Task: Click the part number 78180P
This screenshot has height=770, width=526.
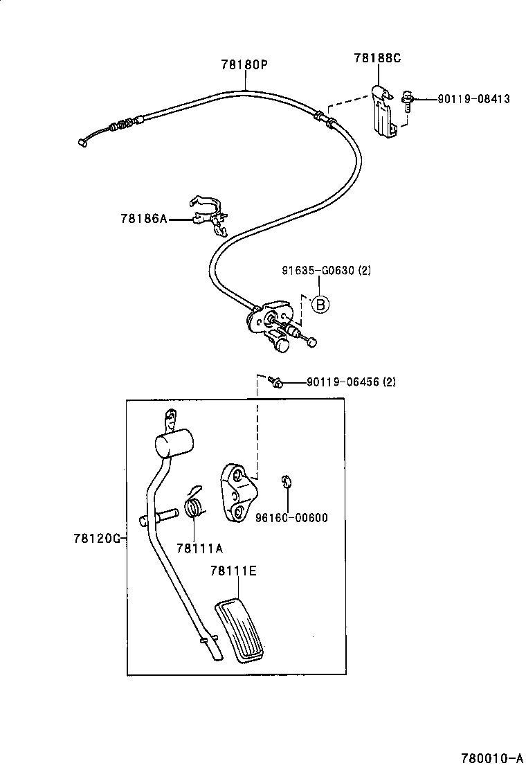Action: [x=244, y=65]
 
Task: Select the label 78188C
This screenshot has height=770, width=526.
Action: [x=377, y=59]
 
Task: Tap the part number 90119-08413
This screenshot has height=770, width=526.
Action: [x=473, y=99]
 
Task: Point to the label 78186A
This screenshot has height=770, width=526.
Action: [x=144, y=219]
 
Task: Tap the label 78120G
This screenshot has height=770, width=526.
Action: [x=98, y=537]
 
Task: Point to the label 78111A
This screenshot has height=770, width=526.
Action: [x=199, y=548]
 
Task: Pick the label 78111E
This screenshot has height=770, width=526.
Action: [x=233, y=571]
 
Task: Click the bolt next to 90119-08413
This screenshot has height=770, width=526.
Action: [x=407, y=102]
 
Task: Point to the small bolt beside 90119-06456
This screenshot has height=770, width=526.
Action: [x=275, y=382]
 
